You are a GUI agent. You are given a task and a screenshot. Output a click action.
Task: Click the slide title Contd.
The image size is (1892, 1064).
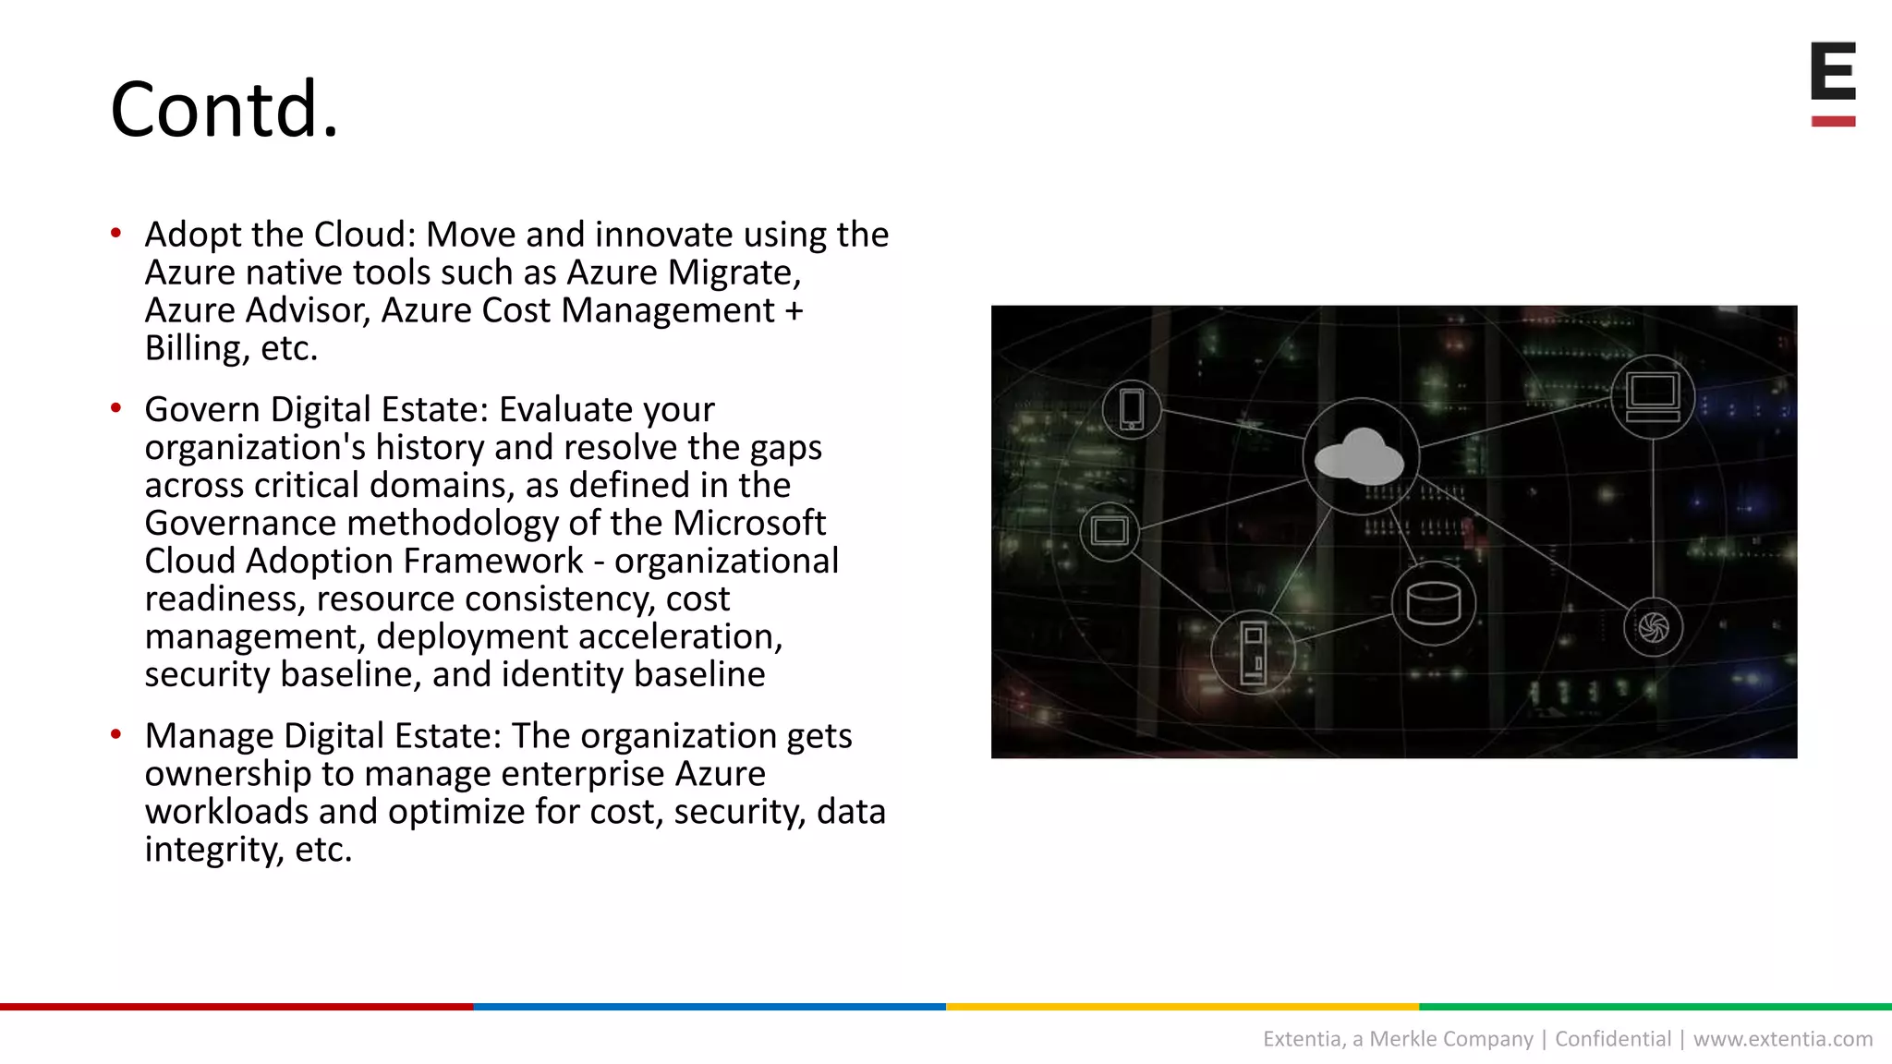(224, 110)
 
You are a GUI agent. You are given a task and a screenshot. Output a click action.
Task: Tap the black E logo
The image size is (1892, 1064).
(1833, 71)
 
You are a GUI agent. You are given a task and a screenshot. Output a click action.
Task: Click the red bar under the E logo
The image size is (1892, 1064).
(1833, 121)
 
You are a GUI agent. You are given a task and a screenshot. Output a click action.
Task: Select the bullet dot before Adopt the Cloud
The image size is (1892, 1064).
(115, 233)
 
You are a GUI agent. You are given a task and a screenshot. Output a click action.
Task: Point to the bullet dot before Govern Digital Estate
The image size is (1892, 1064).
(115, 407)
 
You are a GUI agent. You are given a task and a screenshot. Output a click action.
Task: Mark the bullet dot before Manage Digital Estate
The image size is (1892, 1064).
(115, 734)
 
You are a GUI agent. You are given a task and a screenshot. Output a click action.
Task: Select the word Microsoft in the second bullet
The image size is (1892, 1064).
(748, 524)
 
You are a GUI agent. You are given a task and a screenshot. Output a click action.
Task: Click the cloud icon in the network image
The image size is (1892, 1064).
(1360, 456)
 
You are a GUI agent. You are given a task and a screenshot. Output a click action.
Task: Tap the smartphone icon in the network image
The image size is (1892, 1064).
(1132, 409)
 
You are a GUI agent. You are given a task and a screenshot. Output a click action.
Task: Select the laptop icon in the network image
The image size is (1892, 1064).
(1652, 396)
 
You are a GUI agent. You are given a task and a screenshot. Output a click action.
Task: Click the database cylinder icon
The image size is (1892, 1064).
(1433, 604)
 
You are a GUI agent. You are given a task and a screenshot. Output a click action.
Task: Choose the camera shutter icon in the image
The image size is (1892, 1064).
(1653, 628)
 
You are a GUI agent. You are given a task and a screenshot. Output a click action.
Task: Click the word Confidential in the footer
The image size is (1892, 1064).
(1613, 1039)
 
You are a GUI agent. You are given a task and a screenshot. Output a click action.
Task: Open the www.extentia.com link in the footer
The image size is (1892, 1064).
(1782, 1039)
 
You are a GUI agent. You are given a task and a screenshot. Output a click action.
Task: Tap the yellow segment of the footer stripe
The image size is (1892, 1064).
(1182, 1007)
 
